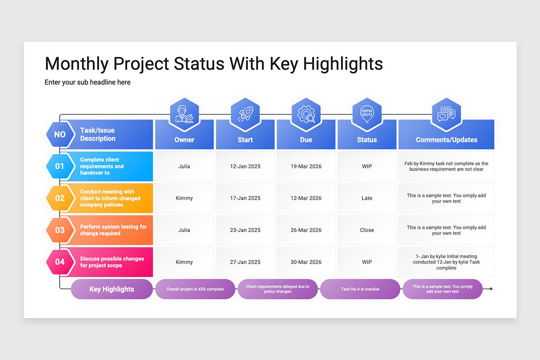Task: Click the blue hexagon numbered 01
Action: click(60, 166)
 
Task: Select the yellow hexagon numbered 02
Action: click(60, 198)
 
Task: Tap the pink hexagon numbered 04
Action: click(60, 262)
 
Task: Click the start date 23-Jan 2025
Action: click(245, 230)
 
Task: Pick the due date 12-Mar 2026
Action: click(306, 198)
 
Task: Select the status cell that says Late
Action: click(367, 198)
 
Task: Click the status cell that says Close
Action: click(367, 230)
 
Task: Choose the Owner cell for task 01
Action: click(184, 166)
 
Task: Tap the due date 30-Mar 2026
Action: click(306, 262)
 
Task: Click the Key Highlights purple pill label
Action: click(112, 289)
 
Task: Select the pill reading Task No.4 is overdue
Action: click(360, 289)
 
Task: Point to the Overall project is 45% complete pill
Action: click(195, 289)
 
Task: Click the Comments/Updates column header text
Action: click(446, 139)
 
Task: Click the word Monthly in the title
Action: click(76, 63)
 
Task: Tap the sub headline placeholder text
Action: click(87, 82)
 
